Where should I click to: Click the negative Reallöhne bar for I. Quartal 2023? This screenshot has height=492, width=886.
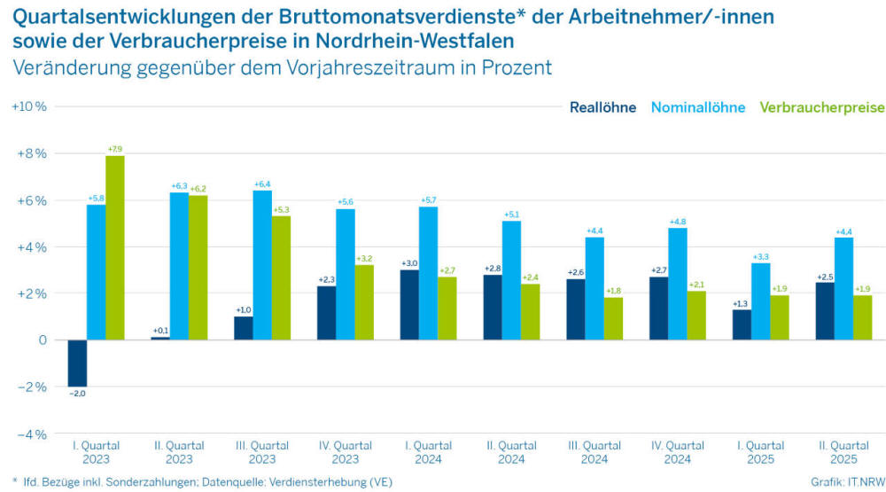pos(77,363)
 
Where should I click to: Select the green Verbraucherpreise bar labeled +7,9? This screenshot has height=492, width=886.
pos(115,247)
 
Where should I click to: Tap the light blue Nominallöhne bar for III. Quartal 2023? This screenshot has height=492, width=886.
pos(262,265)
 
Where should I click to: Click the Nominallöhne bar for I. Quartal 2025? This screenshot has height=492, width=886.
pos(760,301)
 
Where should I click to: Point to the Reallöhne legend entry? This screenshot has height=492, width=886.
pos(602,108)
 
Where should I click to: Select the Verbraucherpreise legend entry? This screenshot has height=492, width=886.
pos(822,108)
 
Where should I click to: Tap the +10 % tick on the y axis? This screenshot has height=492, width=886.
pos(28,106)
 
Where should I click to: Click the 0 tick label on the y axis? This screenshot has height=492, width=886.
pos(41,340)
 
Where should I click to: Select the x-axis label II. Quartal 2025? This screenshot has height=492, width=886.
pos(843,452)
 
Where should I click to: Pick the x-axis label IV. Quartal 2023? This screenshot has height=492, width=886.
pos(346,452)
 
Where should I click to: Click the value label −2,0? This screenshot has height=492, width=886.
pos(77,393)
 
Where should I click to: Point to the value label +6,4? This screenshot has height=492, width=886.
pos(262,184)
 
